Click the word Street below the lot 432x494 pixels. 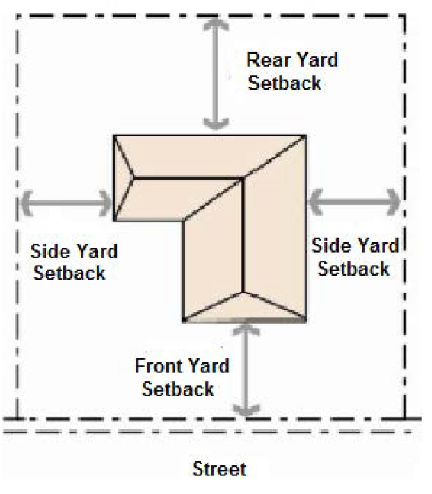219,468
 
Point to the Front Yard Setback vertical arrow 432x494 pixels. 244,369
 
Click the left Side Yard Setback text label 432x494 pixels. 74,261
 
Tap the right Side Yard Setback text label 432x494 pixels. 355,256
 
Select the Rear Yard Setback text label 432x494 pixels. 292,71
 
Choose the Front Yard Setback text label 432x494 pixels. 182,376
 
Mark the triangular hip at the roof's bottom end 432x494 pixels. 243,306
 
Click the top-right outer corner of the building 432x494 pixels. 305,136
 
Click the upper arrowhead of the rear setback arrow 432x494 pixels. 216,22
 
